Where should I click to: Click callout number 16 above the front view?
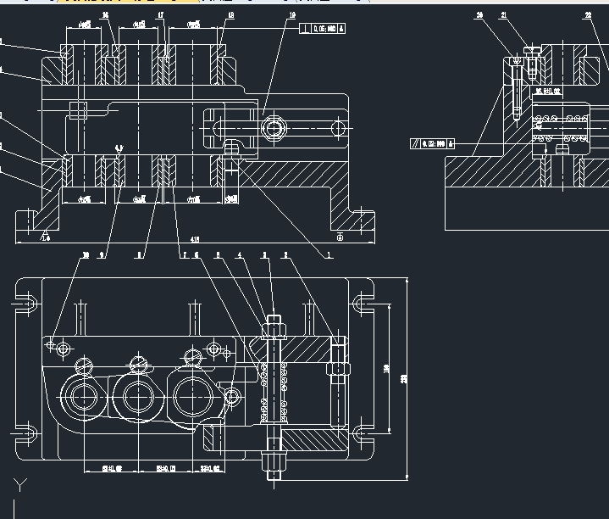tap(104, 15)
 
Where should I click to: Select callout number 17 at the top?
tap(160, 15)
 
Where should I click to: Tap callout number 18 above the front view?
tap(231, 15)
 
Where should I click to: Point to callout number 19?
tap(292, 15)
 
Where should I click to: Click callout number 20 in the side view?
tap(479, 15)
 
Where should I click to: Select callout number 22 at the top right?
tap(588, 15)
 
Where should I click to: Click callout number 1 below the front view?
tap(329, 254)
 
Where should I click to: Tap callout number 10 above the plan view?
tap(85, 254)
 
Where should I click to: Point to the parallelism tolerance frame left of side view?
tap(432, 143)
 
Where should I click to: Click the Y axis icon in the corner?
tap(20, 485)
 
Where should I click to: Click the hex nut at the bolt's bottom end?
tap(274, 463)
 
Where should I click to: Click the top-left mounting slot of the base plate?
tap(27, 302)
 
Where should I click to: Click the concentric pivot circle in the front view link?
tap(273, 129)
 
